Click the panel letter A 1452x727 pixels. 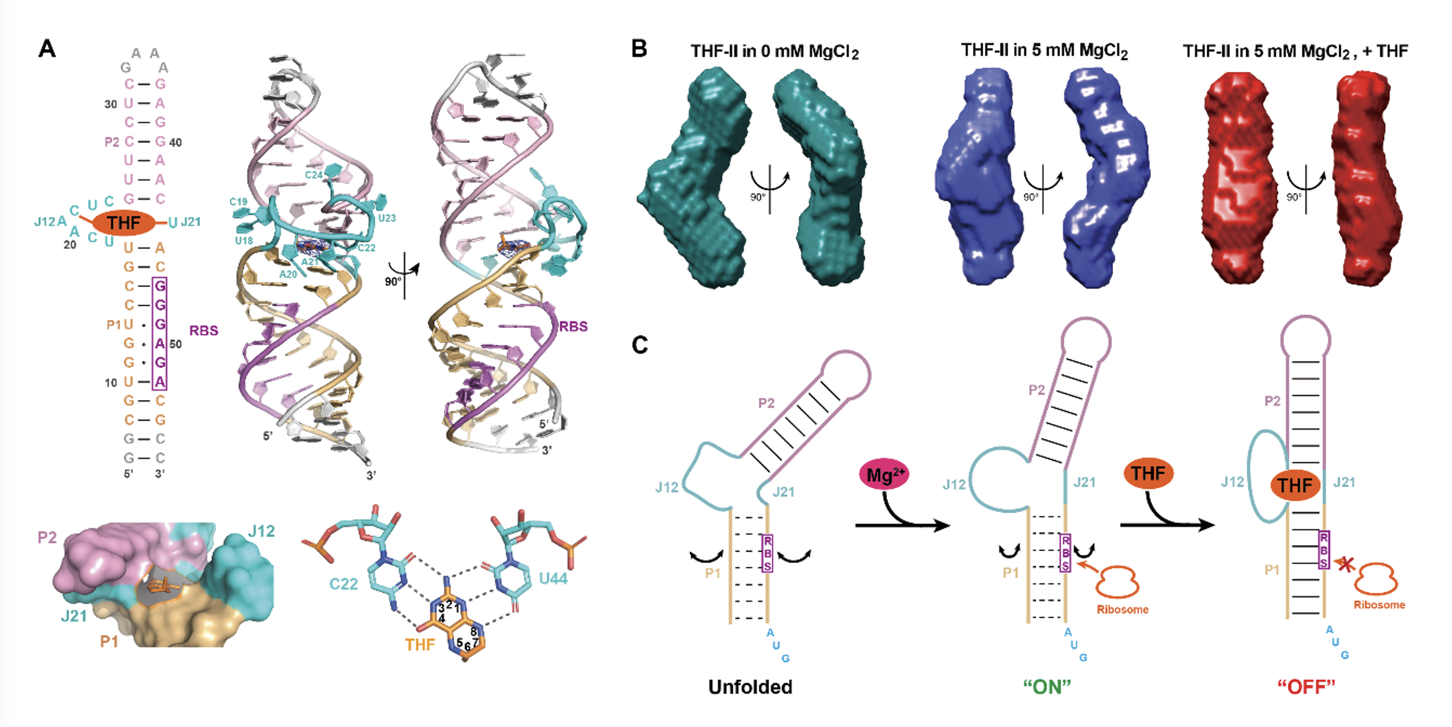(47, 49)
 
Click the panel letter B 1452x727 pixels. (639, 49)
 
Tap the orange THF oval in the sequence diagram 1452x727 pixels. (123, 223)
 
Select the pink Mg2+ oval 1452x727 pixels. (884, 475)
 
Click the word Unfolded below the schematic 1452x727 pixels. (750, 687)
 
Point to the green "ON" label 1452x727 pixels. (1047, 687)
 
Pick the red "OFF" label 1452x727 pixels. (1306, 687)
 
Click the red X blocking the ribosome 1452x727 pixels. (1346, 565)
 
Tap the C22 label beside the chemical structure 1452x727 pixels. (344, 584)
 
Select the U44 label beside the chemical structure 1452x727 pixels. (553, 579)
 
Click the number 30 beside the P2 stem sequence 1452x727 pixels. (111, 104)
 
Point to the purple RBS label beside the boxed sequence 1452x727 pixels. (204, 331)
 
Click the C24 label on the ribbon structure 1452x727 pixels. (314, 175)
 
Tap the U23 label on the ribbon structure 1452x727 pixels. (387, 218)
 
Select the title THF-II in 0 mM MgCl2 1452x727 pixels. (774, 52)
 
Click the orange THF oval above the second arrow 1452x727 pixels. (1149, 473)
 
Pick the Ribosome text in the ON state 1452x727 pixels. (1122, 610)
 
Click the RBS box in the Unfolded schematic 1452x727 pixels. (767, 553)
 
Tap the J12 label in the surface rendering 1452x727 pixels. (262, 532)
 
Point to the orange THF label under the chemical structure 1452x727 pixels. (420, 644)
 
